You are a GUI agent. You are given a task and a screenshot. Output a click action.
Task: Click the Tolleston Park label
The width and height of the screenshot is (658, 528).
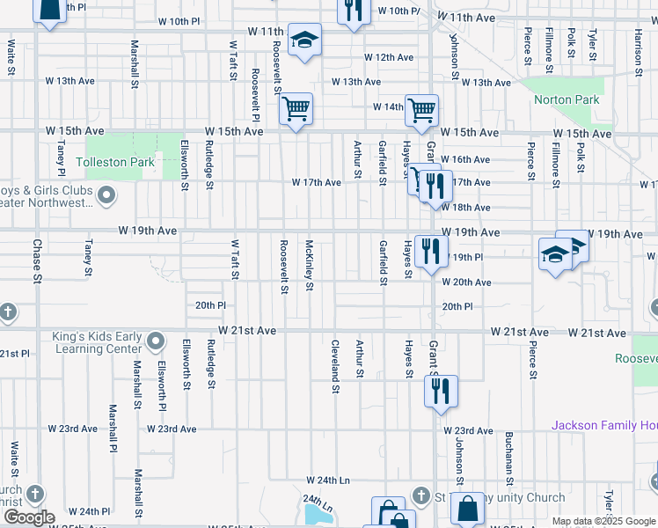point(115,163)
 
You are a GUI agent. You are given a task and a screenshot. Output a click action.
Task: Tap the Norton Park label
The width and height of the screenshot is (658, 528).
point(567,100)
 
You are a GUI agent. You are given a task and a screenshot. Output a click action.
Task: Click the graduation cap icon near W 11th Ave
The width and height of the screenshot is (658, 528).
point(305,40)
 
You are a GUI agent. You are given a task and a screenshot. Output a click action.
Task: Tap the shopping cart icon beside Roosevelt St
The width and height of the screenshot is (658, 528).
point(296,110)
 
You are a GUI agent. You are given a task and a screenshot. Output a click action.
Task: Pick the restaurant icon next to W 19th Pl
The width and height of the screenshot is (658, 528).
point(430,251)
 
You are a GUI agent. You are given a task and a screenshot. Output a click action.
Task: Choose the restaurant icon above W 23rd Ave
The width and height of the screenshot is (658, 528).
point(442,389)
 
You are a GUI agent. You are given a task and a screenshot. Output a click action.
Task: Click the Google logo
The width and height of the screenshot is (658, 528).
point(28,517)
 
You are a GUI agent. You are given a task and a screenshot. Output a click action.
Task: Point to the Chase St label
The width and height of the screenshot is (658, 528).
point(38,260)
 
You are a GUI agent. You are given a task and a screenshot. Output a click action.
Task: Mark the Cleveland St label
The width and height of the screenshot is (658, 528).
point(335,361)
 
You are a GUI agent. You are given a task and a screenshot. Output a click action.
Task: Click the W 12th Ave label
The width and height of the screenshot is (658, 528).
point(389,57)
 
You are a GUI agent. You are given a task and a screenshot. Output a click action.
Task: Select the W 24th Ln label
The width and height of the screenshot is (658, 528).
point(328,480)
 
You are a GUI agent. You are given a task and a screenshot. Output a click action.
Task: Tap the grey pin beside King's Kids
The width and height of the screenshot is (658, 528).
point(157,340)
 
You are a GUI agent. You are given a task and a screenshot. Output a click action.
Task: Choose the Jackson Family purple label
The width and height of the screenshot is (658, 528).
point(603,426)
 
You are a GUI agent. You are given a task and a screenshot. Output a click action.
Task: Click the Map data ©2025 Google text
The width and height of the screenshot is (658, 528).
point(602,521)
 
